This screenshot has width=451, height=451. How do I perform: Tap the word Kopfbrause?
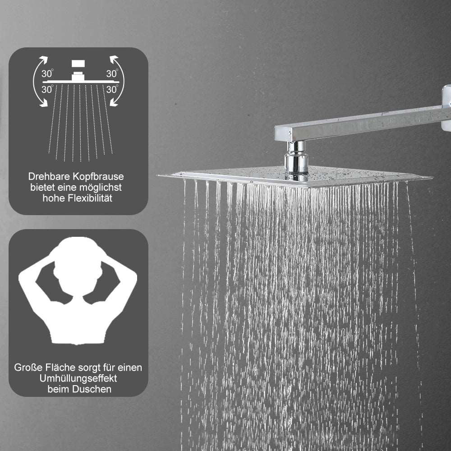(x=98, y=177)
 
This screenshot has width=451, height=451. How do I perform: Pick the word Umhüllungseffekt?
(x=78, y=378)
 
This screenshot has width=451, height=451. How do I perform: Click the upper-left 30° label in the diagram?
(x=47, y=74)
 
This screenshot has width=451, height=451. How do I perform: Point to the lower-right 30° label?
(x=112, y=89)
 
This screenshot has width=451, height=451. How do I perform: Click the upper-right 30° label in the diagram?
(x=112, y=74)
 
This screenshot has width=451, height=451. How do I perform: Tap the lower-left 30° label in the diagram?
(x=47, y=89)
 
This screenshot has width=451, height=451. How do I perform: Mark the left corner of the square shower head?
(x=158, y=175)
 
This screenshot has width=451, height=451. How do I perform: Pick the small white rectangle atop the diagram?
(x=78, y=64)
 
